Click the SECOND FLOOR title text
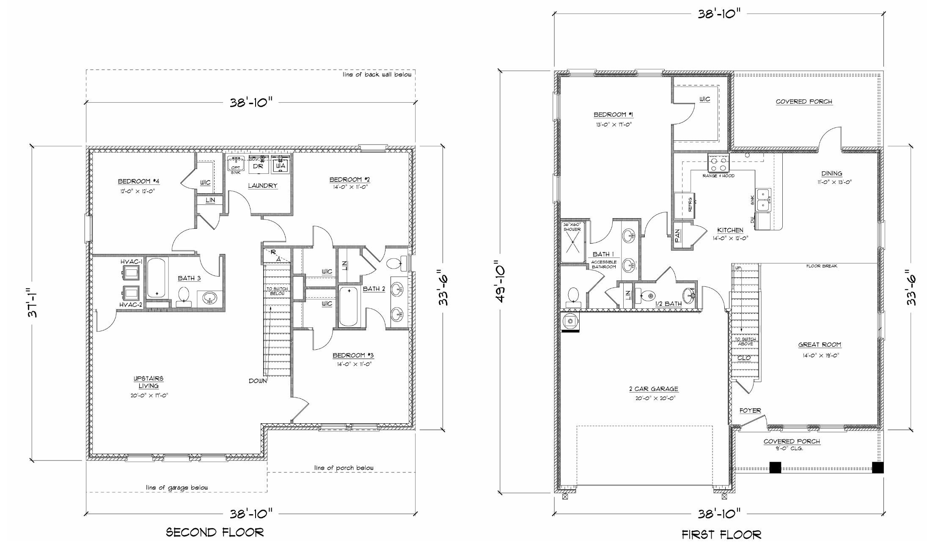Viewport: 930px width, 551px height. coord(215,532)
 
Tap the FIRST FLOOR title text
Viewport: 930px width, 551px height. coord(721,535)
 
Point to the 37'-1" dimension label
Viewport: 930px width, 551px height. coord(34,303)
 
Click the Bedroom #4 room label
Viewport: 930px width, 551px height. coord(138,181)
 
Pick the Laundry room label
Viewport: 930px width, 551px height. coord(262,186)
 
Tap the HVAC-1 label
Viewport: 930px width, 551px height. coord(131,262)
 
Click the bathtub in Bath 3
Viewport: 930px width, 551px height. coord(157,278)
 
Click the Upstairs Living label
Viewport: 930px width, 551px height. coord(149,382)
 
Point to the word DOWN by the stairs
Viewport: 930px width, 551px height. coord(258,381)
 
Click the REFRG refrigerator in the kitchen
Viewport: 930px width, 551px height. coord(685,206)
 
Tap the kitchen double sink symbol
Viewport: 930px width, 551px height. coord(764,200)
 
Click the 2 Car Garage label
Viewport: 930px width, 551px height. coord(653,389)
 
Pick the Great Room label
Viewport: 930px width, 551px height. coord(819,345)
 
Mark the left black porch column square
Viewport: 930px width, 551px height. coord(775,467)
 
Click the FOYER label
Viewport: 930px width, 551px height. coord(750,411)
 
